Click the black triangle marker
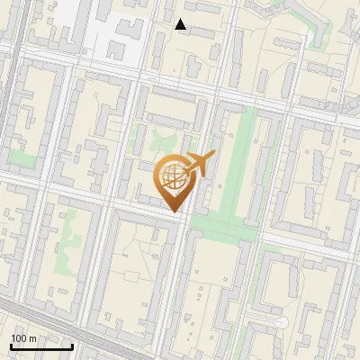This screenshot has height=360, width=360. coord(181,24)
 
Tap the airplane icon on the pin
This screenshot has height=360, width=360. coord(199,164)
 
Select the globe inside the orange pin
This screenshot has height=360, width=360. coord(172,175)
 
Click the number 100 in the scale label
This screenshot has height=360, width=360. coord(19,337)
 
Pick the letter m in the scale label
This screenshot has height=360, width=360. coord(32,337)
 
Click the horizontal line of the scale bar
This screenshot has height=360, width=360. coord(41,346)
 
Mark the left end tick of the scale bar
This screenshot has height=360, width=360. coord(11,346)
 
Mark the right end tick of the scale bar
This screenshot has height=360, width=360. coord(72,346)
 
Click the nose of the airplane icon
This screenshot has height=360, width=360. coord(214,154)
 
